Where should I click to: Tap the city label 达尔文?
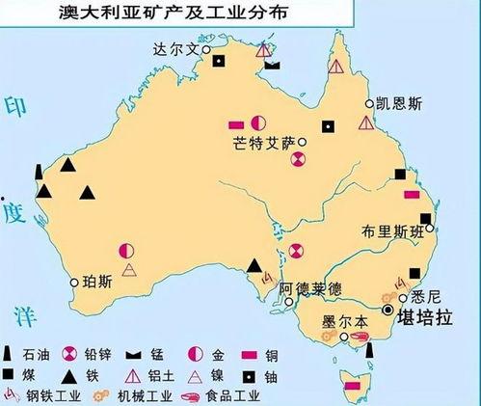pos(174,46)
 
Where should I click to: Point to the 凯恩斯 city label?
pos(397,102)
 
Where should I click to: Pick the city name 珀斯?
pos(98,283)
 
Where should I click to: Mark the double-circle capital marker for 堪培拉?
pos(389,311)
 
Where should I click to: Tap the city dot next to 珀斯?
pos(75,282)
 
